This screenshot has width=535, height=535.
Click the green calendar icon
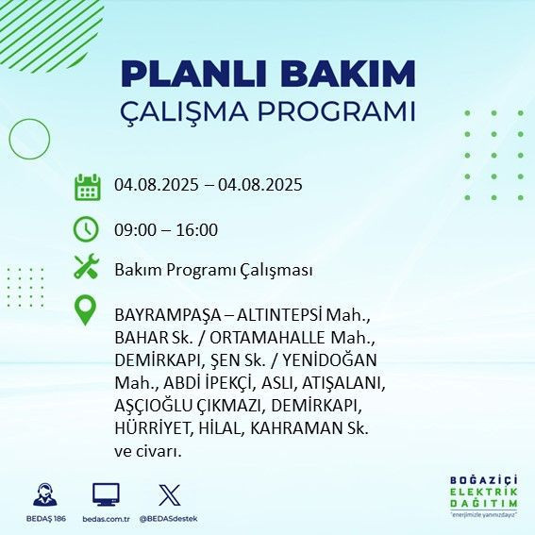(87, 186)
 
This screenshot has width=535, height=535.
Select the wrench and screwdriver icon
(87, 268)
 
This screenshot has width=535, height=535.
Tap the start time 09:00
(135, 229)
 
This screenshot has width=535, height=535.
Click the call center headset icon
(43, 494)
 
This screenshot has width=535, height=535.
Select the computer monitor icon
(105, 494)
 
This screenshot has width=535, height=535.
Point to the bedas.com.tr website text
(105, 519)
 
